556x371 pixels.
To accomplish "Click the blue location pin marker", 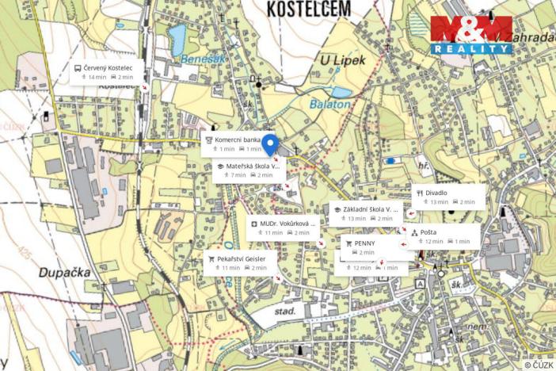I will point(269,145).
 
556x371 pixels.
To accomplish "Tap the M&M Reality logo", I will point(471,35).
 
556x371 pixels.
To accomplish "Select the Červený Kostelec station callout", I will point(106,72).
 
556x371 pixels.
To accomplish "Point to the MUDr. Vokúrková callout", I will point(281,228).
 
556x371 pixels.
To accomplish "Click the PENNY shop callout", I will point(365,247).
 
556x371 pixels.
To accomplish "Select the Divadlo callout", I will point(447,197).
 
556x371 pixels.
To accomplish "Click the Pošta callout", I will point(443,236).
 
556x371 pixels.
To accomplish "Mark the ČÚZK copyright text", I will point(539,365).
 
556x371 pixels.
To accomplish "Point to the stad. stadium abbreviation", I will point(284,313).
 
